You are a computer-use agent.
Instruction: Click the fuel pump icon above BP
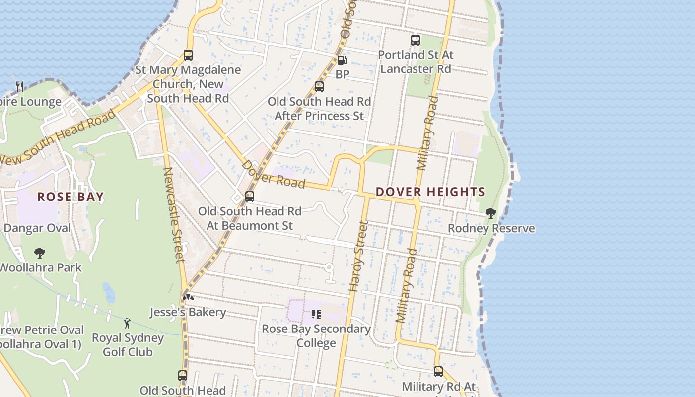(x=342, y=60)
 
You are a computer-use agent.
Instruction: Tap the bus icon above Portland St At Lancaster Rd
(x=416, y=40)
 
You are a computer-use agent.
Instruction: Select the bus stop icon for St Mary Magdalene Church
(x=188, y=55)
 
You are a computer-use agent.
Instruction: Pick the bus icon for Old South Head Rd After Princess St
(x=319, y=87)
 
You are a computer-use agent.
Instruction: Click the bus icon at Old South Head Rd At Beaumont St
(x=250, y=197)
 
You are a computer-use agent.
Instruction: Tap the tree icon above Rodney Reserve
(x=491, y=213)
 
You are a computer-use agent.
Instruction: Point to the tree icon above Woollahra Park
(x=40, y=253)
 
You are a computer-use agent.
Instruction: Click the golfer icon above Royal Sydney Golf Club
(x=127, y=323)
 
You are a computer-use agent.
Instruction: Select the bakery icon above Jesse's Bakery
(x=188, y=297)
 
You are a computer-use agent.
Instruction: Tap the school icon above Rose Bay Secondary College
(x=316, y=314)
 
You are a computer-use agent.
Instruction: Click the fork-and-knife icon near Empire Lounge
(x=20, y=87)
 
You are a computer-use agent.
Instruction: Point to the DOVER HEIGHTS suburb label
(x=430, y=192)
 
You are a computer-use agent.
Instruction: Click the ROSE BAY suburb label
(x=70, y=197)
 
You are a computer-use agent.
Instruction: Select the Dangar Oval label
(x=37, y=228)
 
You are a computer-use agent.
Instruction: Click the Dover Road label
(x=273, y=174)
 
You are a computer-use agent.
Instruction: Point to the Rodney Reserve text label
(x=491, y=228)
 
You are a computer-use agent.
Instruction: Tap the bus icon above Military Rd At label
(x=438, y=371)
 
